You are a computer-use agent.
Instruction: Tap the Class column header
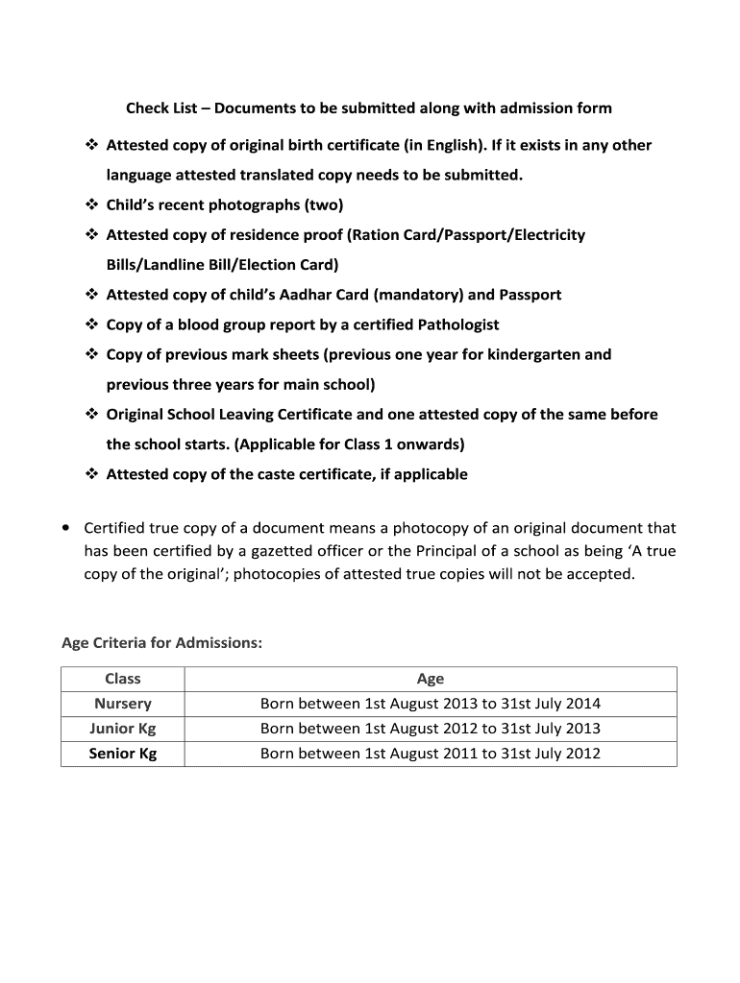pyautogui.click(x=123, y=679)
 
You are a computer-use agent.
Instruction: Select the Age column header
pyautogui.click(x=430, y=679)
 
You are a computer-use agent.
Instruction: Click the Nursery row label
pyautogui.click(x=123, y=704)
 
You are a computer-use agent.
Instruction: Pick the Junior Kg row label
pyautogui.click(x=123, y=729)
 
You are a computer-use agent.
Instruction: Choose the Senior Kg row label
pyautogui.click(x=123, y=754)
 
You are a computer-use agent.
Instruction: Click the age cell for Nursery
pyautogui.click(x=430, y=704)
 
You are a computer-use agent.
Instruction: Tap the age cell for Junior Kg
pyautogui.click(x=430, y=729)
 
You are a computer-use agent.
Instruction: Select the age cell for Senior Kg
pyautogui.click(x=430, y=754)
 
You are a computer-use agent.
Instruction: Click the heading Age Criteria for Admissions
pyautogui.click(x=161, y=642)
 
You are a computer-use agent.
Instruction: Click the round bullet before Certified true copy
pyautogui.click(x=64, y=528)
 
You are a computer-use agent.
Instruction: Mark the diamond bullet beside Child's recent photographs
pyautogui.click(x=92, y=204)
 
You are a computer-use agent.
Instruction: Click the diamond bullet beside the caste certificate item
pyautogui.click(x=92, y=474)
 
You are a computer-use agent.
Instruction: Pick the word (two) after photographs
pyautogui.click(x=324, y=204)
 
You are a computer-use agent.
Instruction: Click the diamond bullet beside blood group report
pyautogui.click(x=92, y=324)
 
